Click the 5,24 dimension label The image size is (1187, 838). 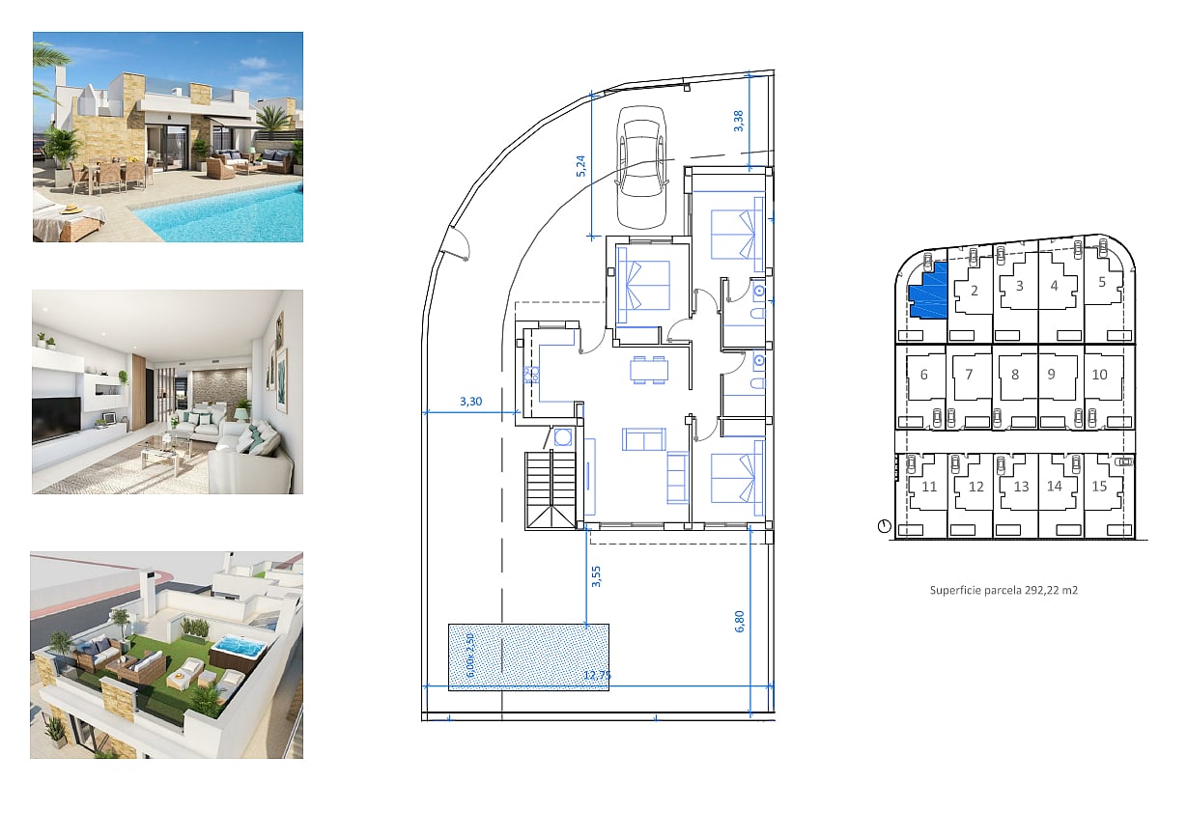pos(580,166)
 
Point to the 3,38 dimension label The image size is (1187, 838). pos(738,121)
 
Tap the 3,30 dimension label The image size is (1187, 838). pos(470,402)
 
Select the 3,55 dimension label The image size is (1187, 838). pos(596,576)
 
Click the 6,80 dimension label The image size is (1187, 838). pos(740,622)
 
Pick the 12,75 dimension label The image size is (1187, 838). pos(597,675)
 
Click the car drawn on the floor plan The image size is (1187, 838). pos(641,167)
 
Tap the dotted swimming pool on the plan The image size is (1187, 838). pos(528,657)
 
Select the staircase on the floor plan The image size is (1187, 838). pos(551,490)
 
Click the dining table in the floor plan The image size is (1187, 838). pos(649,369)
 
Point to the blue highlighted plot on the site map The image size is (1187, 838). pos(928,292)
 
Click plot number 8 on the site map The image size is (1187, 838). pos(1015,375)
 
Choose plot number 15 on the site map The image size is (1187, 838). pos(1099,486)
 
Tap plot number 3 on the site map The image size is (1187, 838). pos(1020,286)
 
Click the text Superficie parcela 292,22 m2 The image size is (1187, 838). pos(1003,590)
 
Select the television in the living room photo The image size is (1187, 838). pos(56,419)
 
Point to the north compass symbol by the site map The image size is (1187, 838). pos(885,526)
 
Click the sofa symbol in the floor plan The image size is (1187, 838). pos(644,439)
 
